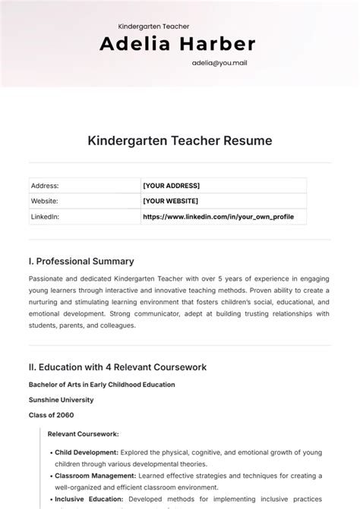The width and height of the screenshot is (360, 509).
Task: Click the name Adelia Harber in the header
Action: tap(178, 44)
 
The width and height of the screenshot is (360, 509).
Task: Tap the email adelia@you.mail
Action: tap(219, 63)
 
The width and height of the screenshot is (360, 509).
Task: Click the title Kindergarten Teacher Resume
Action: tap(180, 140)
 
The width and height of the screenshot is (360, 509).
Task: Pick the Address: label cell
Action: tap(45, 185)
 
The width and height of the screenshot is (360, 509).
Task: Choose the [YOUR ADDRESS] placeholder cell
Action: tap(171, 185)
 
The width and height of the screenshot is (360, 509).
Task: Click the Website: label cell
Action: tap(45, 201)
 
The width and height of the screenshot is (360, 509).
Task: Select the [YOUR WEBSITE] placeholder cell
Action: tap(170, 201)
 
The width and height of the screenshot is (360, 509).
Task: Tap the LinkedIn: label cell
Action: tap(46, 217)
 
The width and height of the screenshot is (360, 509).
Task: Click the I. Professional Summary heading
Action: tap(81, 261)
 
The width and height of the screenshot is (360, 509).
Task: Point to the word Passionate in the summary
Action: tap(48, 278)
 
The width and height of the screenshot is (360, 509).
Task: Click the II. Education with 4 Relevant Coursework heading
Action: tap(118, 367)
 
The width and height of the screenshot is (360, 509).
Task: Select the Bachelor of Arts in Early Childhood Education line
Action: tap(102, 385)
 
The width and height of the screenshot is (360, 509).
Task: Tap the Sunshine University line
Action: tap(62, 400)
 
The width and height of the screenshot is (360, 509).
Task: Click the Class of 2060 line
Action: tap(52, 415)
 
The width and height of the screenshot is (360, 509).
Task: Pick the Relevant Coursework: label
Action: tap(83, 435)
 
